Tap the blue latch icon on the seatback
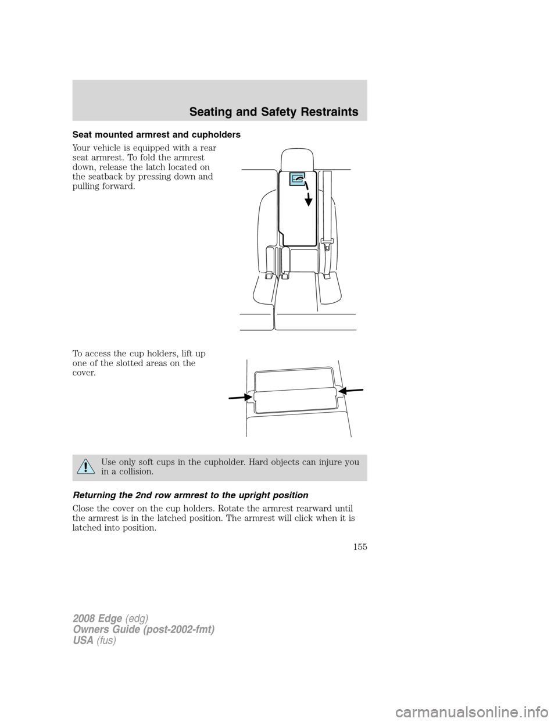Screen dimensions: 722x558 click(297, 180)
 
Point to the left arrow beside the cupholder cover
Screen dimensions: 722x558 click(239, 396)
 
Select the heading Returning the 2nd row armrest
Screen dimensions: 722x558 click(188, 495)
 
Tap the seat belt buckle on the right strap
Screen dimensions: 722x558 click(327, 246)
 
